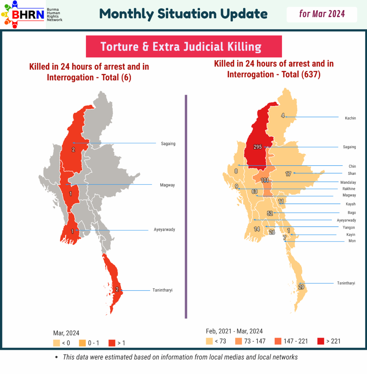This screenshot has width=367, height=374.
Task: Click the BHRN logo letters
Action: (28, 14)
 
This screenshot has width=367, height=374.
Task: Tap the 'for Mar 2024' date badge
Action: (322, 14)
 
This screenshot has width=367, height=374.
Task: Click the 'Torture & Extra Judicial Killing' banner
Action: (184, 46)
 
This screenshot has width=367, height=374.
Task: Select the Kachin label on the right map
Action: (350, 118)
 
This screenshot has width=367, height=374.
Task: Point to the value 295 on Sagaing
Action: (258, 147)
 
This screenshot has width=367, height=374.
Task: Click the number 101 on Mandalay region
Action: (265, 180)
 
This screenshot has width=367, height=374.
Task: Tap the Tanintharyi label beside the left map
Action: (162, 290)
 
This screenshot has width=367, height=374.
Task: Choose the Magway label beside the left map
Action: (167, 185)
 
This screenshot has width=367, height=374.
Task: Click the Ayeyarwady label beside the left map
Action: (164, 229)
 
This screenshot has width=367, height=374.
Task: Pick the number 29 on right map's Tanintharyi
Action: (301, 287)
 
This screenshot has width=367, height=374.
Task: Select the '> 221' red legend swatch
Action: (321, 341)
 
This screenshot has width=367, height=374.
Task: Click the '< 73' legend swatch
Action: (209, 341)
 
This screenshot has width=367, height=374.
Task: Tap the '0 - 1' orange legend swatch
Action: (82, 343)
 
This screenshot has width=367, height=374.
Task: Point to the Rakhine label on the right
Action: (349, 189)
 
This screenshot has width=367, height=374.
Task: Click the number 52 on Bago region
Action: (270, 214)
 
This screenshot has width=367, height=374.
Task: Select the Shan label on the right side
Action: (352, 174)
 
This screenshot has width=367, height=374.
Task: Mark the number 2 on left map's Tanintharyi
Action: (117, 289)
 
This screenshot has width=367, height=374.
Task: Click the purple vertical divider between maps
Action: (186, 207)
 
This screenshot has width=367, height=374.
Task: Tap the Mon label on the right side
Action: (352, 241)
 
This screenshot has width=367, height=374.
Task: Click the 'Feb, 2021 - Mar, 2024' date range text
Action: (234, 331)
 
